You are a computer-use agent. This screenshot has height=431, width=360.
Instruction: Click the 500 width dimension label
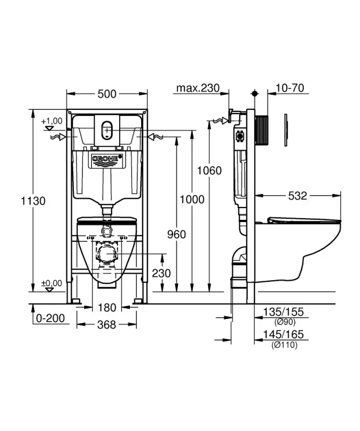107,94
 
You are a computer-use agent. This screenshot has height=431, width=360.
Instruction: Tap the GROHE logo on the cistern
107,159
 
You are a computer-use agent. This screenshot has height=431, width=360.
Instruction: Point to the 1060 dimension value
209,170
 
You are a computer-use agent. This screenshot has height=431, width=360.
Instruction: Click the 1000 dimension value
191,199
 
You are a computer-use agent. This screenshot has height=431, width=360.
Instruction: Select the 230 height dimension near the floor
161,273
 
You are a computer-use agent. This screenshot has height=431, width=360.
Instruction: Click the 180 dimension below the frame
107,308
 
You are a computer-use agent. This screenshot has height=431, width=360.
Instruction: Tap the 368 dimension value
107,325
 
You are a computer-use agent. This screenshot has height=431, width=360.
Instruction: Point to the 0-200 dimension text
51,318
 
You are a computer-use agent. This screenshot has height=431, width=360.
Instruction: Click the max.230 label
197,88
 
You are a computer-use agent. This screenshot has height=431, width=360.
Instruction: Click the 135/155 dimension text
284,312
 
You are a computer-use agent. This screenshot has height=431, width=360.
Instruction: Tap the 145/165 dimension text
284,335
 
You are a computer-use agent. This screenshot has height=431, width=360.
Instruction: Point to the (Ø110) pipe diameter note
284,345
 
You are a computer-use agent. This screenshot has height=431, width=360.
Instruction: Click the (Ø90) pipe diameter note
284,322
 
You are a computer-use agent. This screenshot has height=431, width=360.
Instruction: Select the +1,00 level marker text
52,121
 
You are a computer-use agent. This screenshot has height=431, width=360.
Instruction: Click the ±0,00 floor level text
52,282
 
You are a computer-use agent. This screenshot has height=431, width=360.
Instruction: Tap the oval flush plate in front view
107,130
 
